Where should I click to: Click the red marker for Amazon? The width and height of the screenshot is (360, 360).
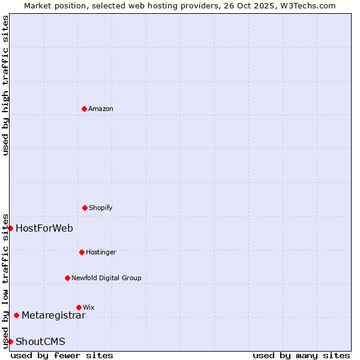tap(84, 109)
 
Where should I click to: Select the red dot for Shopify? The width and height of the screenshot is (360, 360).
tap(85, 208)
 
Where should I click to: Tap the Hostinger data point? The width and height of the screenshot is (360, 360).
tap(82, 252)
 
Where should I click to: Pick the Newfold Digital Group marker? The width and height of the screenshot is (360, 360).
tap(67, 278)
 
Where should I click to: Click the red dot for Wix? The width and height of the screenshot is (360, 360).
tap(79, 307)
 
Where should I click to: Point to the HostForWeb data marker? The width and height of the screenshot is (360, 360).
tap(10, 228)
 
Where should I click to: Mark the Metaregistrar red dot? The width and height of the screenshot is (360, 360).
tap(16, 315)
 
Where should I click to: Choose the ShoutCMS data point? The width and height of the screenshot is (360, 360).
tap(10, 341)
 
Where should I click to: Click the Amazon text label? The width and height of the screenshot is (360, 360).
tap(101, 109)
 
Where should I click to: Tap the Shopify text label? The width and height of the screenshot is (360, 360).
tap(101, 208)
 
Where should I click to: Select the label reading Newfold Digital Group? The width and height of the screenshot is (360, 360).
tap(106, 278)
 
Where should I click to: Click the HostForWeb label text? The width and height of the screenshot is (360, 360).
tap(44, 228)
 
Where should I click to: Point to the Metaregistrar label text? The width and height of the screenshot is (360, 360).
tap(53, 315)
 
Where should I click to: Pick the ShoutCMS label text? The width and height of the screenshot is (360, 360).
tap(40, 342)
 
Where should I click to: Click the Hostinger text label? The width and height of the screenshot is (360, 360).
tap(101, 252)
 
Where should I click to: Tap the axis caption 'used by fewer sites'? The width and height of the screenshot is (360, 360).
tap(62, 355)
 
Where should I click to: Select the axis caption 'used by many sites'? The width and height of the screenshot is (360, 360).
tap(301, 355)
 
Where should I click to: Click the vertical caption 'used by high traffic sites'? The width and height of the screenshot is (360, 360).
tap(5, 85)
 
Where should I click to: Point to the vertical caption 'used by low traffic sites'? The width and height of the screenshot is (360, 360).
tap(5, 281)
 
